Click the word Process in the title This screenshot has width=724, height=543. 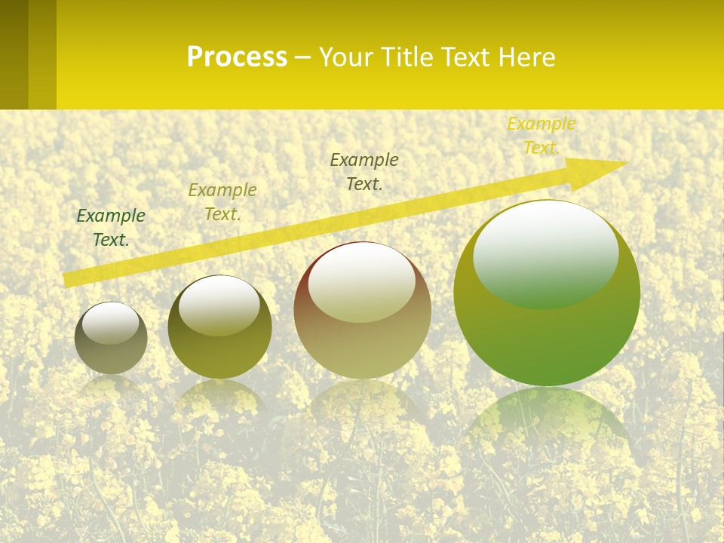(x=237, y=57)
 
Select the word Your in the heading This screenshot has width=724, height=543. (x=349, y=57)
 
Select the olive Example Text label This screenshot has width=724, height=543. (x=222, y=202)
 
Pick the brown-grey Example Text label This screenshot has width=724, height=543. (x=364, y=171)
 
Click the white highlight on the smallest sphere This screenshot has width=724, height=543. (x=111, y=323)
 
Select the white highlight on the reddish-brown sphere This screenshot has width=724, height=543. (x=362, y=283)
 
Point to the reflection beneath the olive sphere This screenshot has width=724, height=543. (x=219, y=400)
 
